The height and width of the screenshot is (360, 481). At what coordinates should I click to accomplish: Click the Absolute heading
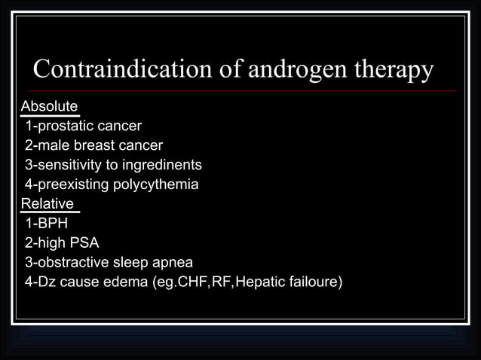pyautogui.click(x=49, y=105)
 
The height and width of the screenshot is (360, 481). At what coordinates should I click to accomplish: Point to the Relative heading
pyautogui.click(x=47, y=204)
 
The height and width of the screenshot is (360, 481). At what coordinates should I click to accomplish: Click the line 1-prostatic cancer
pyautogui.click(x=83, y=125)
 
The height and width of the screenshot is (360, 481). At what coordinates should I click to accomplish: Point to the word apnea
pyautogui.click(x=173, y=263)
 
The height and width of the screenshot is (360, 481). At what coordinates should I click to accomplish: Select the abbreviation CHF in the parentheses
pyautogui.click(x=182, y=282)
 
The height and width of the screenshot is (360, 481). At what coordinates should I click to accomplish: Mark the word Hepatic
pyautogui.click(x=261, y=282)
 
